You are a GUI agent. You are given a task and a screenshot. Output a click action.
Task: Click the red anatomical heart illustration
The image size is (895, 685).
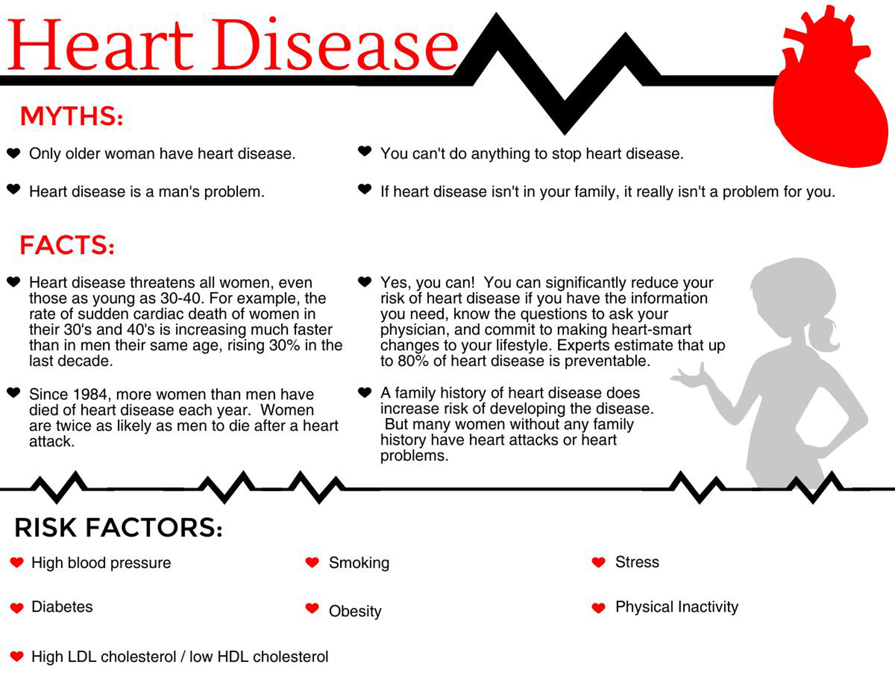coord(829,97)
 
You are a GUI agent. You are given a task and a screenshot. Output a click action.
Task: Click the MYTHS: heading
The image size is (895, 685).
coord(71,116)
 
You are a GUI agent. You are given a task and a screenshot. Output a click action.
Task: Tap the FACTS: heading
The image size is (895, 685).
coord(67,245)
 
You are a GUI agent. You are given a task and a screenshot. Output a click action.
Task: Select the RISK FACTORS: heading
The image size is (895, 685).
coord(118,528)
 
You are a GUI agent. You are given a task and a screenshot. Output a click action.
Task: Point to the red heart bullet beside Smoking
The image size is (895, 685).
coord(312,562)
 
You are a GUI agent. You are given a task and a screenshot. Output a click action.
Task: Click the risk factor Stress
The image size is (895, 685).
coord(637,562)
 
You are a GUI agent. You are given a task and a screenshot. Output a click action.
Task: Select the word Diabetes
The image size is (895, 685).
coord(62,607)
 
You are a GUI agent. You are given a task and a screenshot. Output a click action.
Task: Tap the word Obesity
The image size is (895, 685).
coord(355,611)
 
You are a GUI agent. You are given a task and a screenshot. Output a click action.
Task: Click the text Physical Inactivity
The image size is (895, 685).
coord(676,607)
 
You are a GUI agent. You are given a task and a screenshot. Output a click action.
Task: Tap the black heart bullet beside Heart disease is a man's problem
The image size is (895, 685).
coord(13,189)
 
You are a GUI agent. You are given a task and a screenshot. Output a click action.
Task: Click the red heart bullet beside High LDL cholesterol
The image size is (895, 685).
coord(17,656)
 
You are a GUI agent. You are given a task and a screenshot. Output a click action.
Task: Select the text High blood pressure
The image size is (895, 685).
coord(101,563)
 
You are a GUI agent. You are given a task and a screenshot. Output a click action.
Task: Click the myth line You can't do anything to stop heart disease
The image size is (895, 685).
coord(532,154)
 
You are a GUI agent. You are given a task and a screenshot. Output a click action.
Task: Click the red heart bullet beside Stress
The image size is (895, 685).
coord(599,562)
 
